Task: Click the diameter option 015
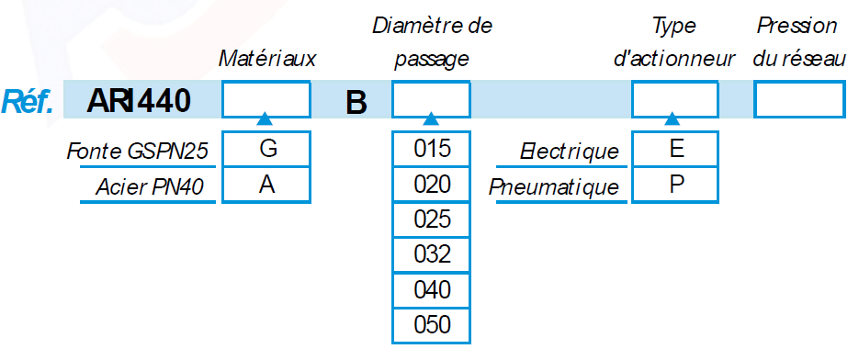tap(431, 149)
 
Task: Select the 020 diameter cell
tap(431, 185)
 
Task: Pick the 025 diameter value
tap(431, 219)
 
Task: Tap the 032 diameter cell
tap(431, 254)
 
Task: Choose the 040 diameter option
tap(431, 290)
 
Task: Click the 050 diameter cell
tap(431, 325)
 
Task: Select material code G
tap(266, 149)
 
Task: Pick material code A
tap(266, 186)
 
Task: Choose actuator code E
tap(675, 149)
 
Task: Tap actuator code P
tap(675, 186)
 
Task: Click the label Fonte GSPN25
tap(138, 151)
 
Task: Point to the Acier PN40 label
tap(150, 187)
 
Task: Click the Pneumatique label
tap(554, 188)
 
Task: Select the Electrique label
tap(570, 152)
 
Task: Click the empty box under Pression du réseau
tap(798, 100)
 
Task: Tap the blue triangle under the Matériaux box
tap(265, 118)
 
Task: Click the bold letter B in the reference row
tap(356, 103)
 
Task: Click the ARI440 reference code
tap(139, 101)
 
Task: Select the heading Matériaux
tap(267, 59)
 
